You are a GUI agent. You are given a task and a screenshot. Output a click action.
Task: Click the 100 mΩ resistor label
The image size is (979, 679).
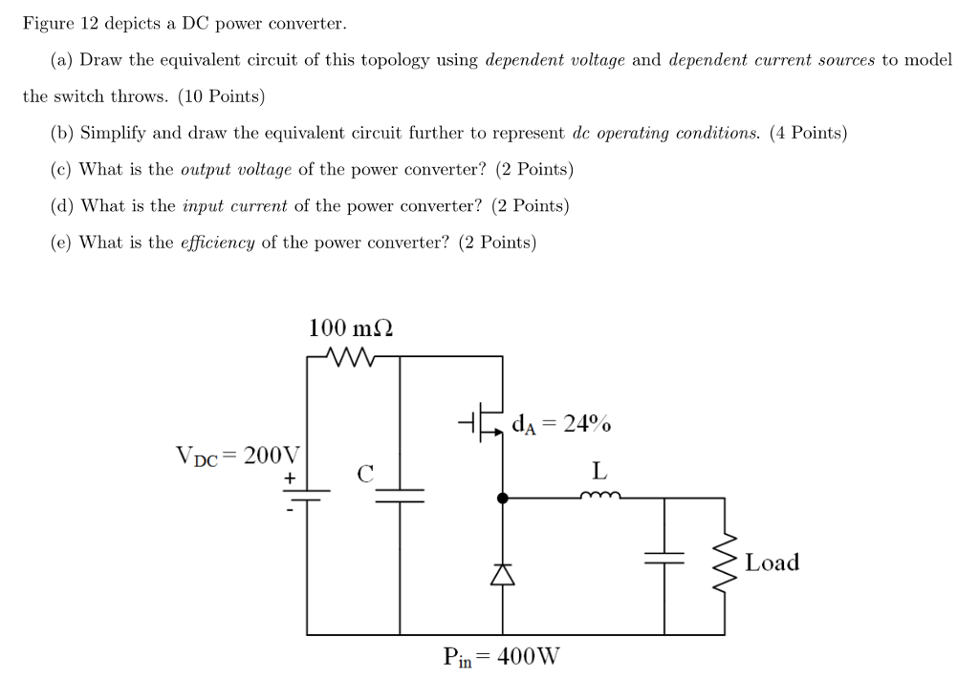pos(350,328)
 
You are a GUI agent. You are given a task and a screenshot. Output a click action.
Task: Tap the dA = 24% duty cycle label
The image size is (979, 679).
pos(562,423)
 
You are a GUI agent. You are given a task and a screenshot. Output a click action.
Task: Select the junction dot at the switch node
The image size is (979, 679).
pos(504,498)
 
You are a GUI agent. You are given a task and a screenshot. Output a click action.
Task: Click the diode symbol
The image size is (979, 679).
pos(504,573)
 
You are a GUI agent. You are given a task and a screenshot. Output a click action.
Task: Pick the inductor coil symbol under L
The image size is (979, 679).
pos(600,496)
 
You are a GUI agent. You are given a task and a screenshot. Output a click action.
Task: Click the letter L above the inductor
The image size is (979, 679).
pos(598,471)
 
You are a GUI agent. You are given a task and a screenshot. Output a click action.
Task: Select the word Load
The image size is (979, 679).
pos(772,562)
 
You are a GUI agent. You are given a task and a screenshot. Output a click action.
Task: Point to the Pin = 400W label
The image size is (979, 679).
pos(502,657)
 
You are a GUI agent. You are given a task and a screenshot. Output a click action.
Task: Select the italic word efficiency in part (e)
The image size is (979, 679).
pos(217,243)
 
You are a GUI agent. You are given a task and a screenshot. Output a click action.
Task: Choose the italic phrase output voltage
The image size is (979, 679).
pos(237,170)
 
